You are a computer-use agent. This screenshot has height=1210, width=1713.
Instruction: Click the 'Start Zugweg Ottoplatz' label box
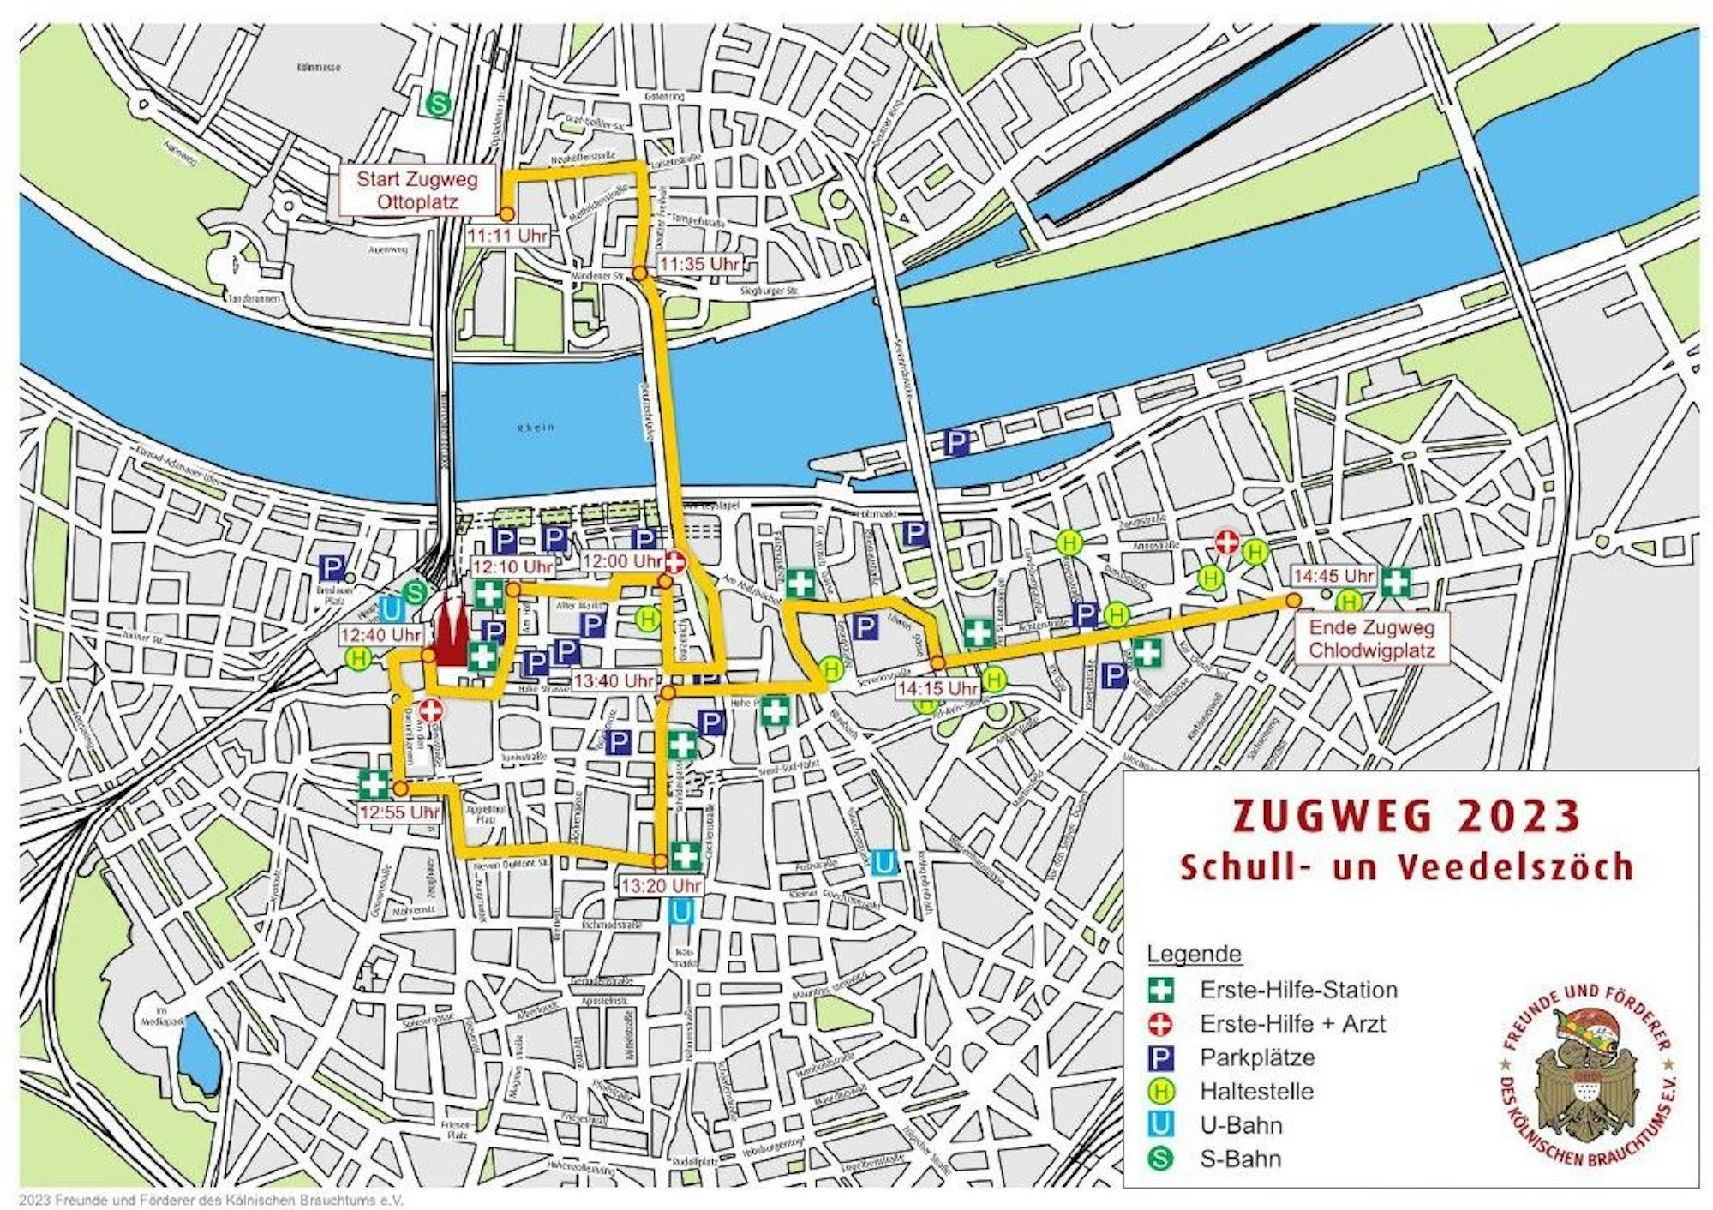tap(416, 191)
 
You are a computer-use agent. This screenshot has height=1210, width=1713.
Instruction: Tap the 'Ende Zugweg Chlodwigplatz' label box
tap(1371, 638)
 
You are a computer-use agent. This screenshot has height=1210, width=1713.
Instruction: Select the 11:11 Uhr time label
tap(506, 235)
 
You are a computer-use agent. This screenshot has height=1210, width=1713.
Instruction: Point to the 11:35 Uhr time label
tap(699, 264)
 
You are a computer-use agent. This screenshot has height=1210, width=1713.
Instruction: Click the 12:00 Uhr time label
tap(622, 561)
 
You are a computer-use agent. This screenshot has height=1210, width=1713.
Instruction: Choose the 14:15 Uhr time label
tap(937, 688)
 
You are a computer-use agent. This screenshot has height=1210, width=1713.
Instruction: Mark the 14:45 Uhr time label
tap(1333, 575)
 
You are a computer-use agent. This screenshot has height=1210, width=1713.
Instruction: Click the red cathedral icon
tap(449, 635)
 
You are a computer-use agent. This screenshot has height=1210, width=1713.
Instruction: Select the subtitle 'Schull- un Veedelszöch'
tap(1405, 866)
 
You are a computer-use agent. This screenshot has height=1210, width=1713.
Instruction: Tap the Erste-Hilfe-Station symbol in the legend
tap(1161, 990)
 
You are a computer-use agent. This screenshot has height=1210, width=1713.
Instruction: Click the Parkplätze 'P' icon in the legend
tap(1161, 1057)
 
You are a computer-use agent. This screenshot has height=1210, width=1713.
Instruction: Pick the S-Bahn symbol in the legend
tap(1161, 1159)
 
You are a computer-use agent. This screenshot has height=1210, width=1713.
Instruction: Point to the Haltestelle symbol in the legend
tap(1161, 1091)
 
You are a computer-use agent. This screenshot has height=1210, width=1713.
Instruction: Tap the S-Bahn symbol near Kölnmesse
tap(439, 104)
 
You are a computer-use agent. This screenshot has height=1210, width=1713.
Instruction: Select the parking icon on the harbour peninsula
tap(956, 443)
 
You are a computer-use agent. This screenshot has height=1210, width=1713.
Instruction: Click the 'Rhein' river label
tap(542, 427)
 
